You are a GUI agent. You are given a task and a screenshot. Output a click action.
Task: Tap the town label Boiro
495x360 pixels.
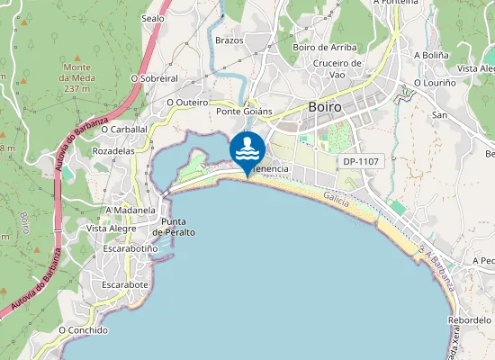tap(324, 106)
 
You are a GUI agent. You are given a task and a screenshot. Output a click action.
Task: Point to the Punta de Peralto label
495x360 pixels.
tap(174, 227)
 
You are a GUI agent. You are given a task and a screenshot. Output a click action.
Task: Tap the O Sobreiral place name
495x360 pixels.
tap(154, 78)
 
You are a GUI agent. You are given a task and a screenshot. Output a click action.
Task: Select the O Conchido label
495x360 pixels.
tap(83, 330)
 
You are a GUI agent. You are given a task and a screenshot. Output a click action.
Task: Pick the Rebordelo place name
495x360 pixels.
tap(470, 319)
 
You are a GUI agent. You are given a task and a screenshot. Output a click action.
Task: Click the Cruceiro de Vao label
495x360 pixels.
tap(337, 68)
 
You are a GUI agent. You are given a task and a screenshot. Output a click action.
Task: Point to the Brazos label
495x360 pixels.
tap(229, 40)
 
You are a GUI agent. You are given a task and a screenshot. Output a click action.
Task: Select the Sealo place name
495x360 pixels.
tap(153, 17)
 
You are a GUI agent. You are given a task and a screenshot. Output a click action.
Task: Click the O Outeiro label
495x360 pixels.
tap(187, 103)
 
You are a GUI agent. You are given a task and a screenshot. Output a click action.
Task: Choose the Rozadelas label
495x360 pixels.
tap(113, 151)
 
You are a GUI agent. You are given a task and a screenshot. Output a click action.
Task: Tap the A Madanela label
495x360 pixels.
tap(131, 211)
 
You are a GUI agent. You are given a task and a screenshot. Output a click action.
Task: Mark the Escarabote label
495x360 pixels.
tap(125, 284)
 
